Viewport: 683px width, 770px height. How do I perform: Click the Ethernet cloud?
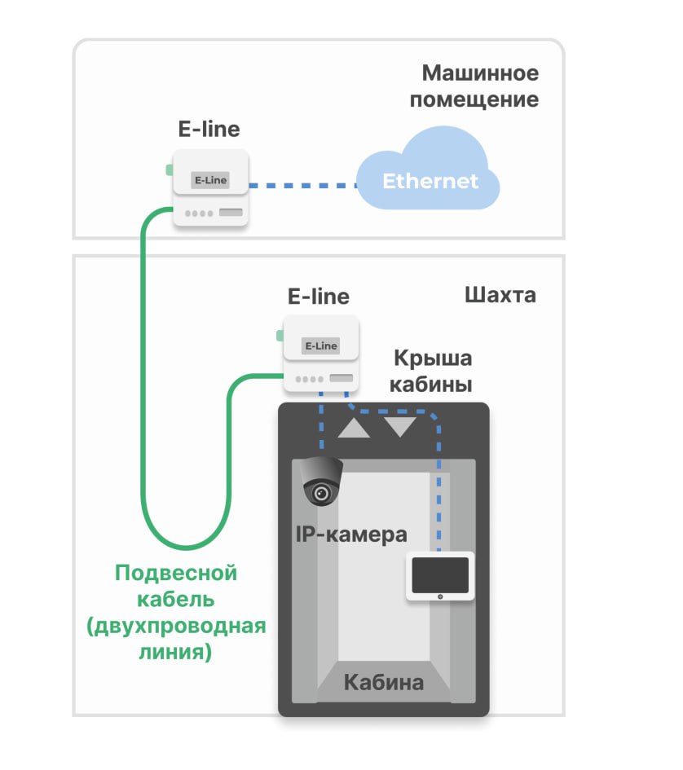pyautogui.click(x=429, y=174)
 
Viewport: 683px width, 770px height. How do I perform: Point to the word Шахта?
pyautogui.click(x=500, y=294)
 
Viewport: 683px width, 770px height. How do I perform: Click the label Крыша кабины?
pyautogui.click(x=432, y=371)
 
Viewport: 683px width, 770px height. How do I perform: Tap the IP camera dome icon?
pyautogui.click(x=319, y=482)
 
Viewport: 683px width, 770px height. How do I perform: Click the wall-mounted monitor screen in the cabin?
pyautogui.click(x=440, y=574)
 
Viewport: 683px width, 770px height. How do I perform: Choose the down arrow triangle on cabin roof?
pyautogui.click(x=400, y=426)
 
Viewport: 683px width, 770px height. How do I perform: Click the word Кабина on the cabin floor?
pyautogui.click(x=383, y=682)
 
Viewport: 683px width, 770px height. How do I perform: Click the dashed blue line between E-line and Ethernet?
pyautogui.click(x=302, y=186)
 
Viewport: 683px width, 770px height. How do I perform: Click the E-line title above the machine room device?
pyautogui.click(x=209, y=129)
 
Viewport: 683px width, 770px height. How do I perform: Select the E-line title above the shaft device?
pyautogui.click(x=319, y=296)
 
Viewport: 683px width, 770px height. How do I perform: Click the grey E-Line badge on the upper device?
pyautogui.click(x=209, y=180)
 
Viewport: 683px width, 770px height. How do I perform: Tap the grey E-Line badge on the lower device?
pyautogui.click(x=320, y=345)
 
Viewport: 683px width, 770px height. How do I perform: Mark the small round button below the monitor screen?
pyautogui.click(x=440, y=597)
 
